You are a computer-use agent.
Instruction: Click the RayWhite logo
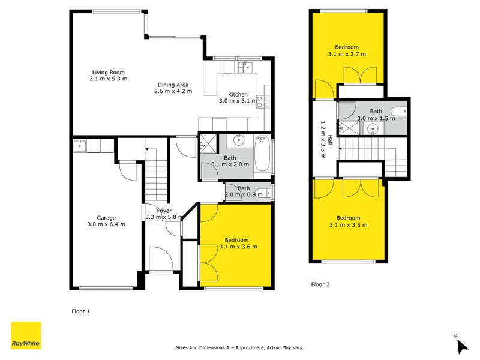(x=26, y=335)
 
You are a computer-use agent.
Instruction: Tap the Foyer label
(x=164, y=211)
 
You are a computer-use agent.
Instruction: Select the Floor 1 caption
(x=80, y=311)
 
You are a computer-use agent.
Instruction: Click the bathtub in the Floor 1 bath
(x=263, y=154)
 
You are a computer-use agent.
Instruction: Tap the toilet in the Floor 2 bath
(x=398, y=111)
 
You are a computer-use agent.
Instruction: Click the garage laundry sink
(x=80, y=145)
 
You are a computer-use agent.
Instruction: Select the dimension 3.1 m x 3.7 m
(x=347, y=54)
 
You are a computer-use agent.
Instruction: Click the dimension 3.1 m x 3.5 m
(x=348, y=225)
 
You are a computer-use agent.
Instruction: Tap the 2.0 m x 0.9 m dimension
(x=243, y=194)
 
